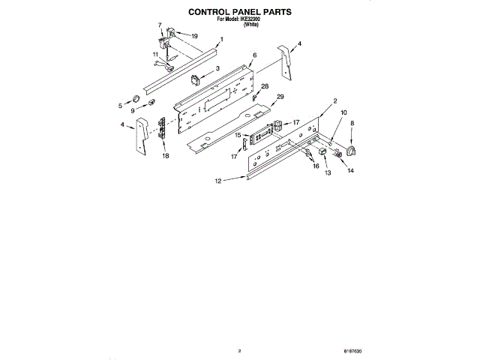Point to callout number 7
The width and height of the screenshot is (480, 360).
(x=160, y=25)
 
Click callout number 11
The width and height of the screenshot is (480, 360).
(x=155, y=55)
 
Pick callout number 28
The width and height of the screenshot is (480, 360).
(x=265, y=86)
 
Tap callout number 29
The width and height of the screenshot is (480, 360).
(x=280, y=97)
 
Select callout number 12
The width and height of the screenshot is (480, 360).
(x=218, y=181)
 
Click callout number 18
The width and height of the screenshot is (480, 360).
(x=166, y=156)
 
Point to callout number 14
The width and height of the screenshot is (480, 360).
(x=350, y=170)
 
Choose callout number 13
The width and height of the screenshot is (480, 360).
(x=327, y=172)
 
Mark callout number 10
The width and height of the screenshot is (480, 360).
(x=344, y=113)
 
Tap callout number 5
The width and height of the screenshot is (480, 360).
(x=119, y=106)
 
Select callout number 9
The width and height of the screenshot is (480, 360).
(x=133, y=111)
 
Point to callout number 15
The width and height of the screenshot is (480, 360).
(x=238, y=135)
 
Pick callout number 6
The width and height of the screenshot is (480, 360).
(x=254, y=55)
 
